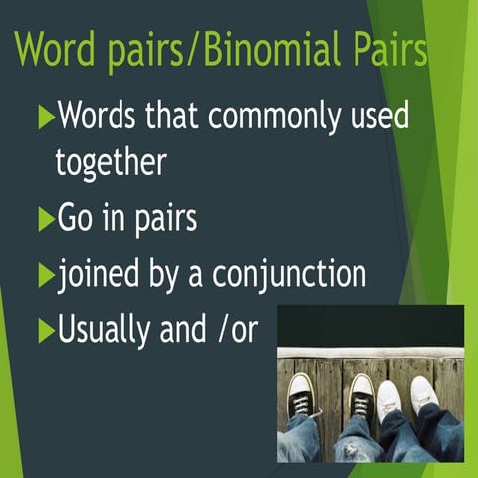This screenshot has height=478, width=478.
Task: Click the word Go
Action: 79,217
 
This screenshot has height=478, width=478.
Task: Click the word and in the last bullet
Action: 181,330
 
